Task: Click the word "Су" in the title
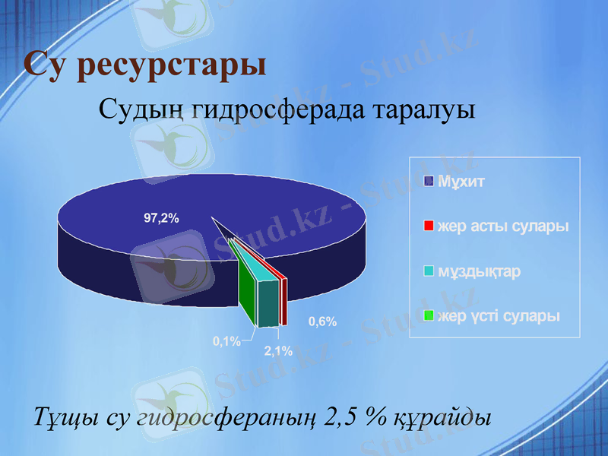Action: tap(46, 64)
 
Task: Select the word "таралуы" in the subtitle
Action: tap(426, 111)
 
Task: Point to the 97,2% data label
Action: tap(161, 218)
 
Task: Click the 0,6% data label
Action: tap(322, 321)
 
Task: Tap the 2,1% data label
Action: tap(278, 350)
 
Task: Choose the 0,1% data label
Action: tap(226, 341)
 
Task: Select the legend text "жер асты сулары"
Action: tap(502, 226)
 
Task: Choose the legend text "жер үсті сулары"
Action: tap(498, 316)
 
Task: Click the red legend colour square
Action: tap(429, 226)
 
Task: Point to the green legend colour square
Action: tap(429, 316)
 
